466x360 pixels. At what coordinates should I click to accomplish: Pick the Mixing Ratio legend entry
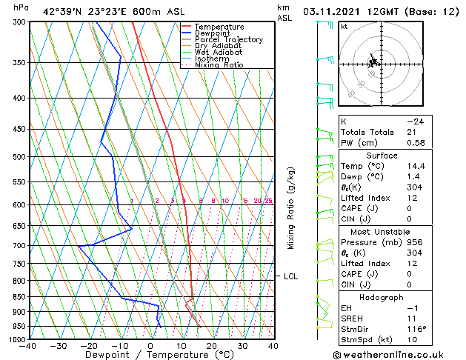(219, 65)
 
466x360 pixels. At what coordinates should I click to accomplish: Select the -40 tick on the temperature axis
(28, 346)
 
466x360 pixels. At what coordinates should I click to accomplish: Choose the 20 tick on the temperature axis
(212, 346)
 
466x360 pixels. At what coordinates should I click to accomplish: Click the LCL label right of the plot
(291, 276)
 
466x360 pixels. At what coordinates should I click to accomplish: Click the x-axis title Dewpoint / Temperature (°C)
(150, 355)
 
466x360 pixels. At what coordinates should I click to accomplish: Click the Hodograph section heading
(382, 296)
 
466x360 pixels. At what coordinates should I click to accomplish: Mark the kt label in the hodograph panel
(344, 26)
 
